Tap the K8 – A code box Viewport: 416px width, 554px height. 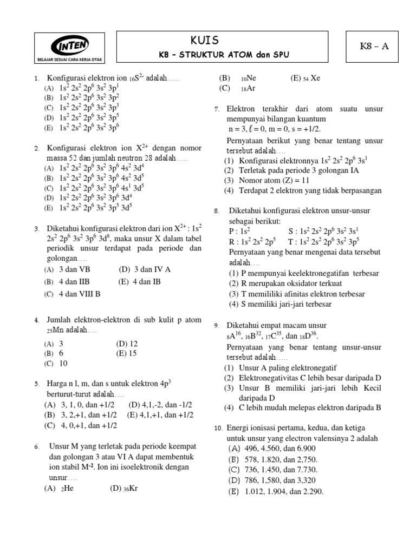[x=374, y=46]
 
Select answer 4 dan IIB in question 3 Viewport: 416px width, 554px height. [x=74, y=282]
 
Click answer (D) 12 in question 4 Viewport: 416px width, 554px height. [x=127, y=344]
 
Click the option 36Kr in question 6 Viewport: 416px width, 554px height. [x=125, y=488]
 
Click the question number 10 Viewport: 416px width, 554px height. [x=218, y=428]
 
